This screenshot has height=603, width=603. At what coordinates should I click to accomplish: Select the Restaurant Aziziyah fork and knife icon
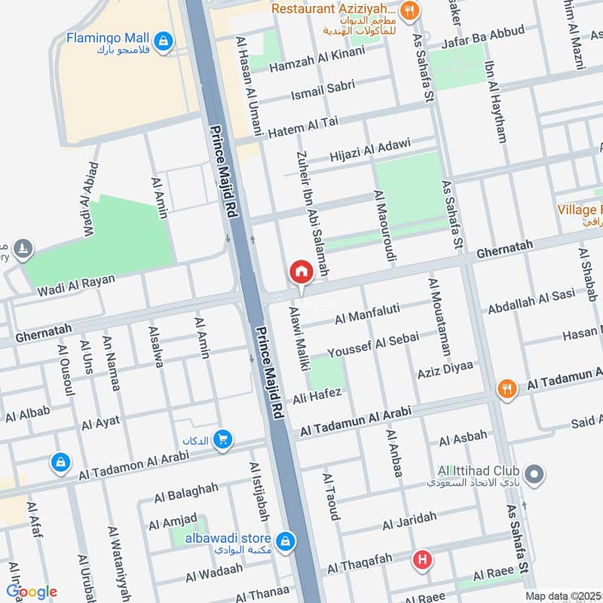click(411, 10)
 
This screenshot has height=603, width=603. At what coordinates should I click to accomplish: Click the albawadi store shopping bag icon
click(285, 540)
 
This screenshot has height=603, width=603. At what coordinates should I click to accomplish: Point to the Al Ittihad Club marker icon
click(534, 475)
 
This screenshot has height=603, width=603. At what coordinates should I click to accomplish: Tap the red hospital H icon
click(423, 560)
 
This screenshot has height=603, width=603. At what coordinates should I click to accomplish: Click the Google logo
click(32, 592)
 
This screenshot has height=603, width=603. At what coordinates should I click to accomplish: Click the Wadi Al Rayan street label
click(78, 285)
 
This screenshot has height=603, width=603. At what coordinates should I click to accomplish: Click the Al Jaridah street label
click(409, 521)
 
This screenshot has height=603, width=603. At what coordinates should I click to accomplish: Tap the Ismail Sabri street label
click(323, 90)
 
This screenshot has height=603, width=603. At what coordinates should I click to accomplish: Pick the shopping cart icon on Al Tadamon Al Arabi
click(222, 439)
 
